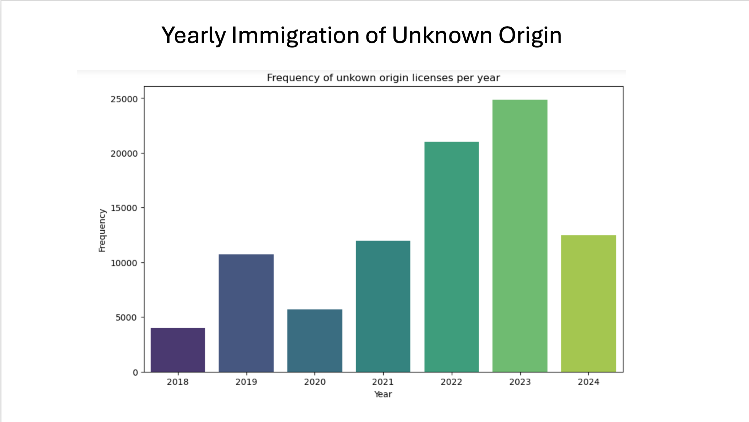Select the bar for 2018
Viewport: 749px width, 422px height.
[x=178, y=350]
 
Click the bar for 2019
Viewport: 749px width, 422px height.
[x=246, y=313]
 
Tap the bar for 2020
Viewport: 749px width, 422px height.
[x=314, y=340]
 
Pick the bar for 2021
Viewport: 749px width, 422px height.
[x=383, y=306]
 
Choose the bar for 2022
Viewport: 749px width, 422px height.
[x=451, y=257]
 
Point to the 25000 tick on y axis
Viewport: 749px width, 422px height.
[x=124, y=99]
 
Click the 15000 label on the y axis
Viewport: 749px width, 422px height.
[x=124, y=208]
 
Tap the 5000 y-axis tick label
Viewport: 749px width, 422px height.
[x=126, y=317]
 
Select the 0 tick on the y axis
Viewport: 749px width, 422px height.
[x=135, y=372]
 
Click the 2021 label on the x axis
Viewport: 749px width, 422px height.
[x=383, y=382]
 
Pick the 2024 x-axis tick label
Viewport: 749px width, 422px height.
[x=588, y=382]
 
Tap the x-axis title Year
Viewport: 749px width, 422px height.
[x=383, y=394]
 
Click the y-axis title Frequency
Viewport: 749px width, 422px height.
[x=102, y=230]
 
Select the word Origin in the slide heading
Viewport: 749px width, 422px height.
[x=530, y=36]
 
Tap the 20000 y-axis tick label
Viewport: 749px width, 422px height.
[x=124, y=153]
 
